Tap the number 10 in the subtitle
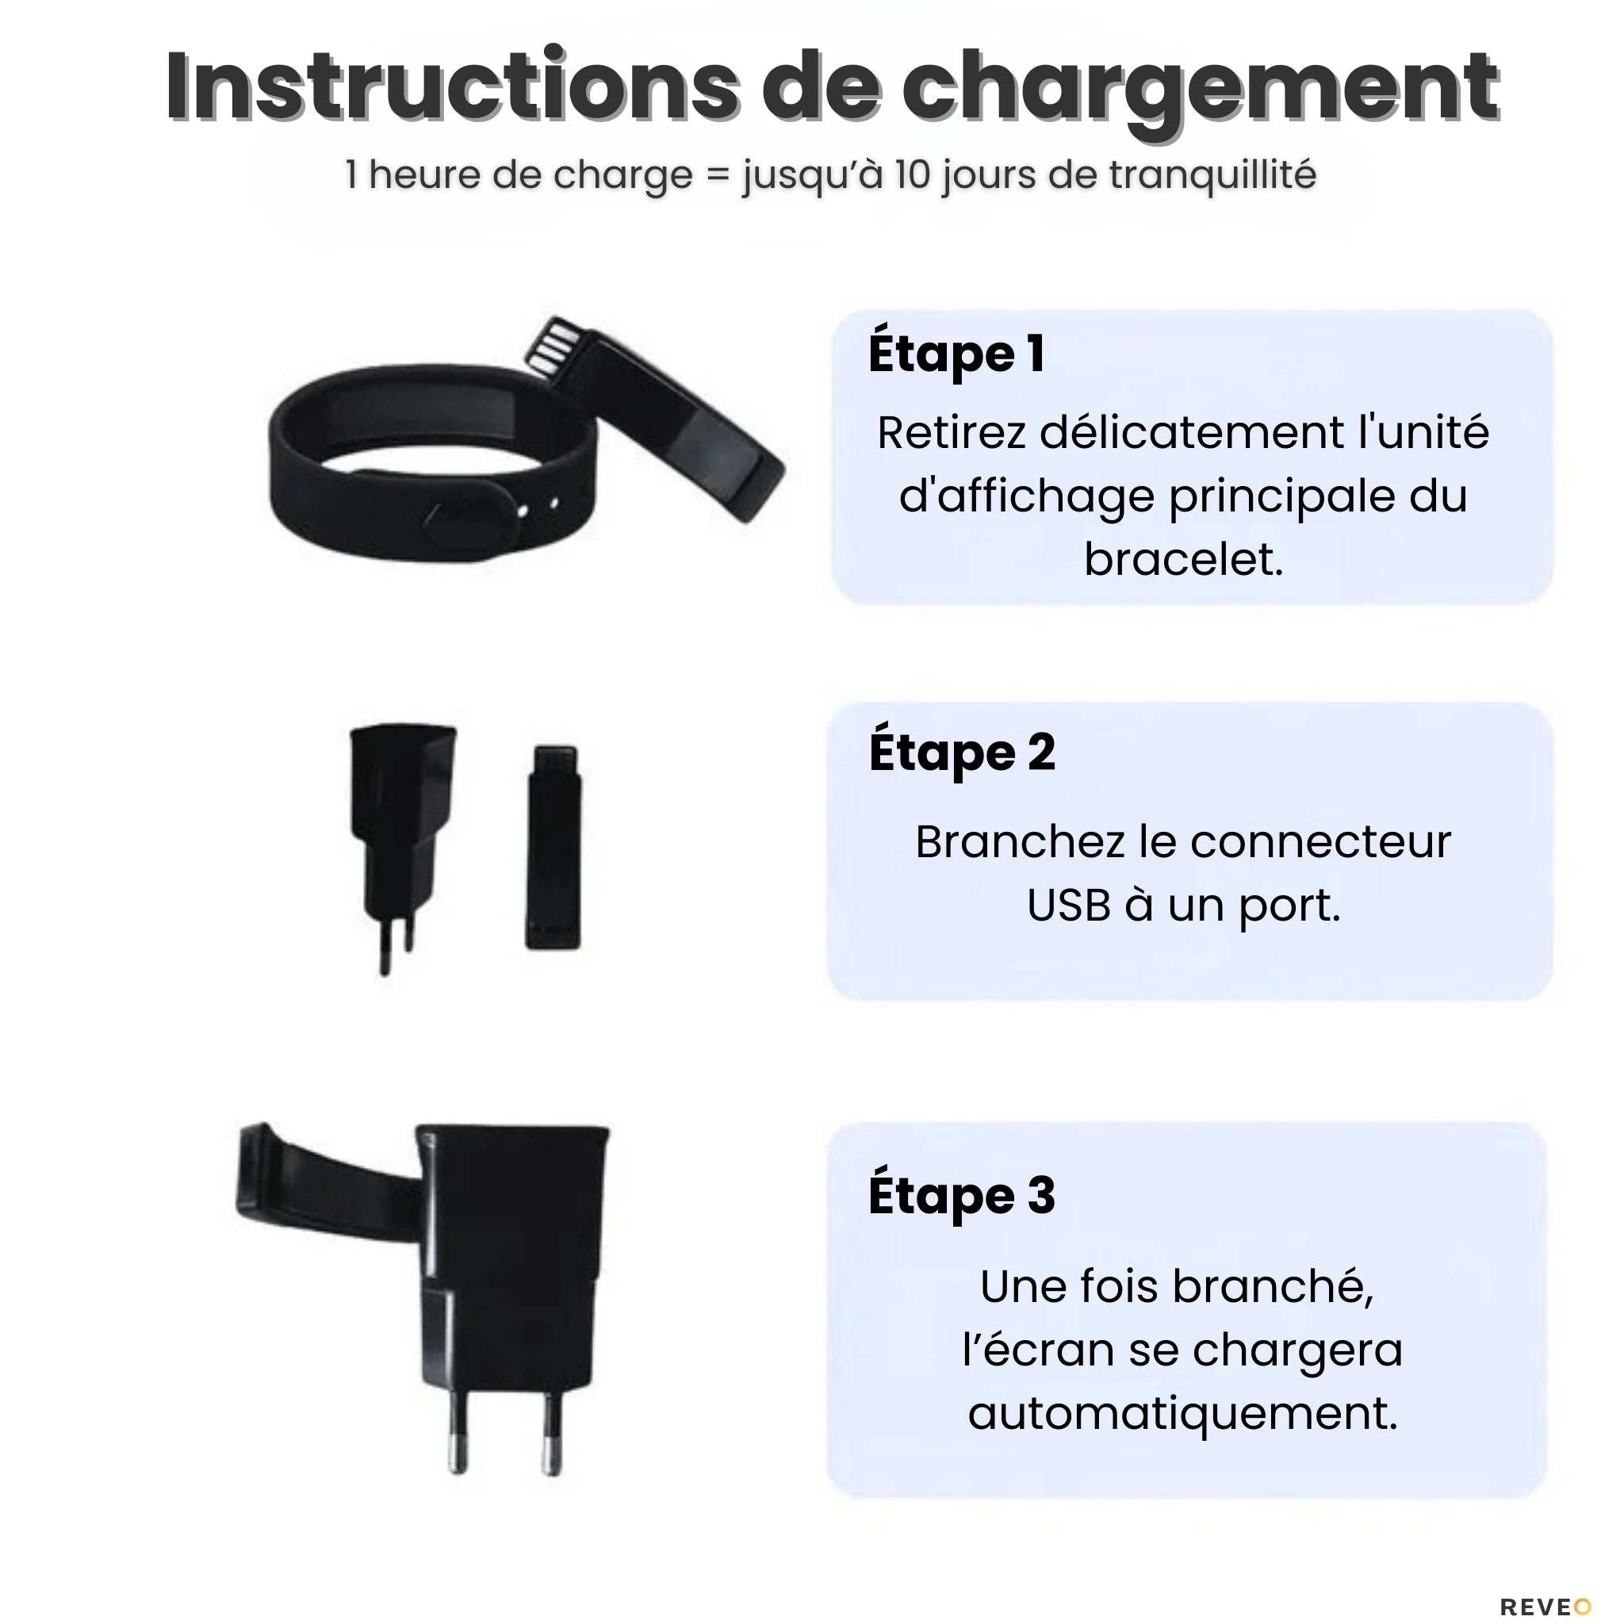(x=910, y=174)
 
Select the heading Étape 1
(x=956, y=354)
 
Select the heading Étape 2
(x=962, y=753)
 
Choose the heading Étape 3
(x=962, y=1195)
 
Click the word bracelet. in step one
(x=1184, y=560)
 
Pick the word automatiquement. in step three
(x=1182, y=1412)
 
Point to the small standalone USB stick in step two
(x=553, y=848)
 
